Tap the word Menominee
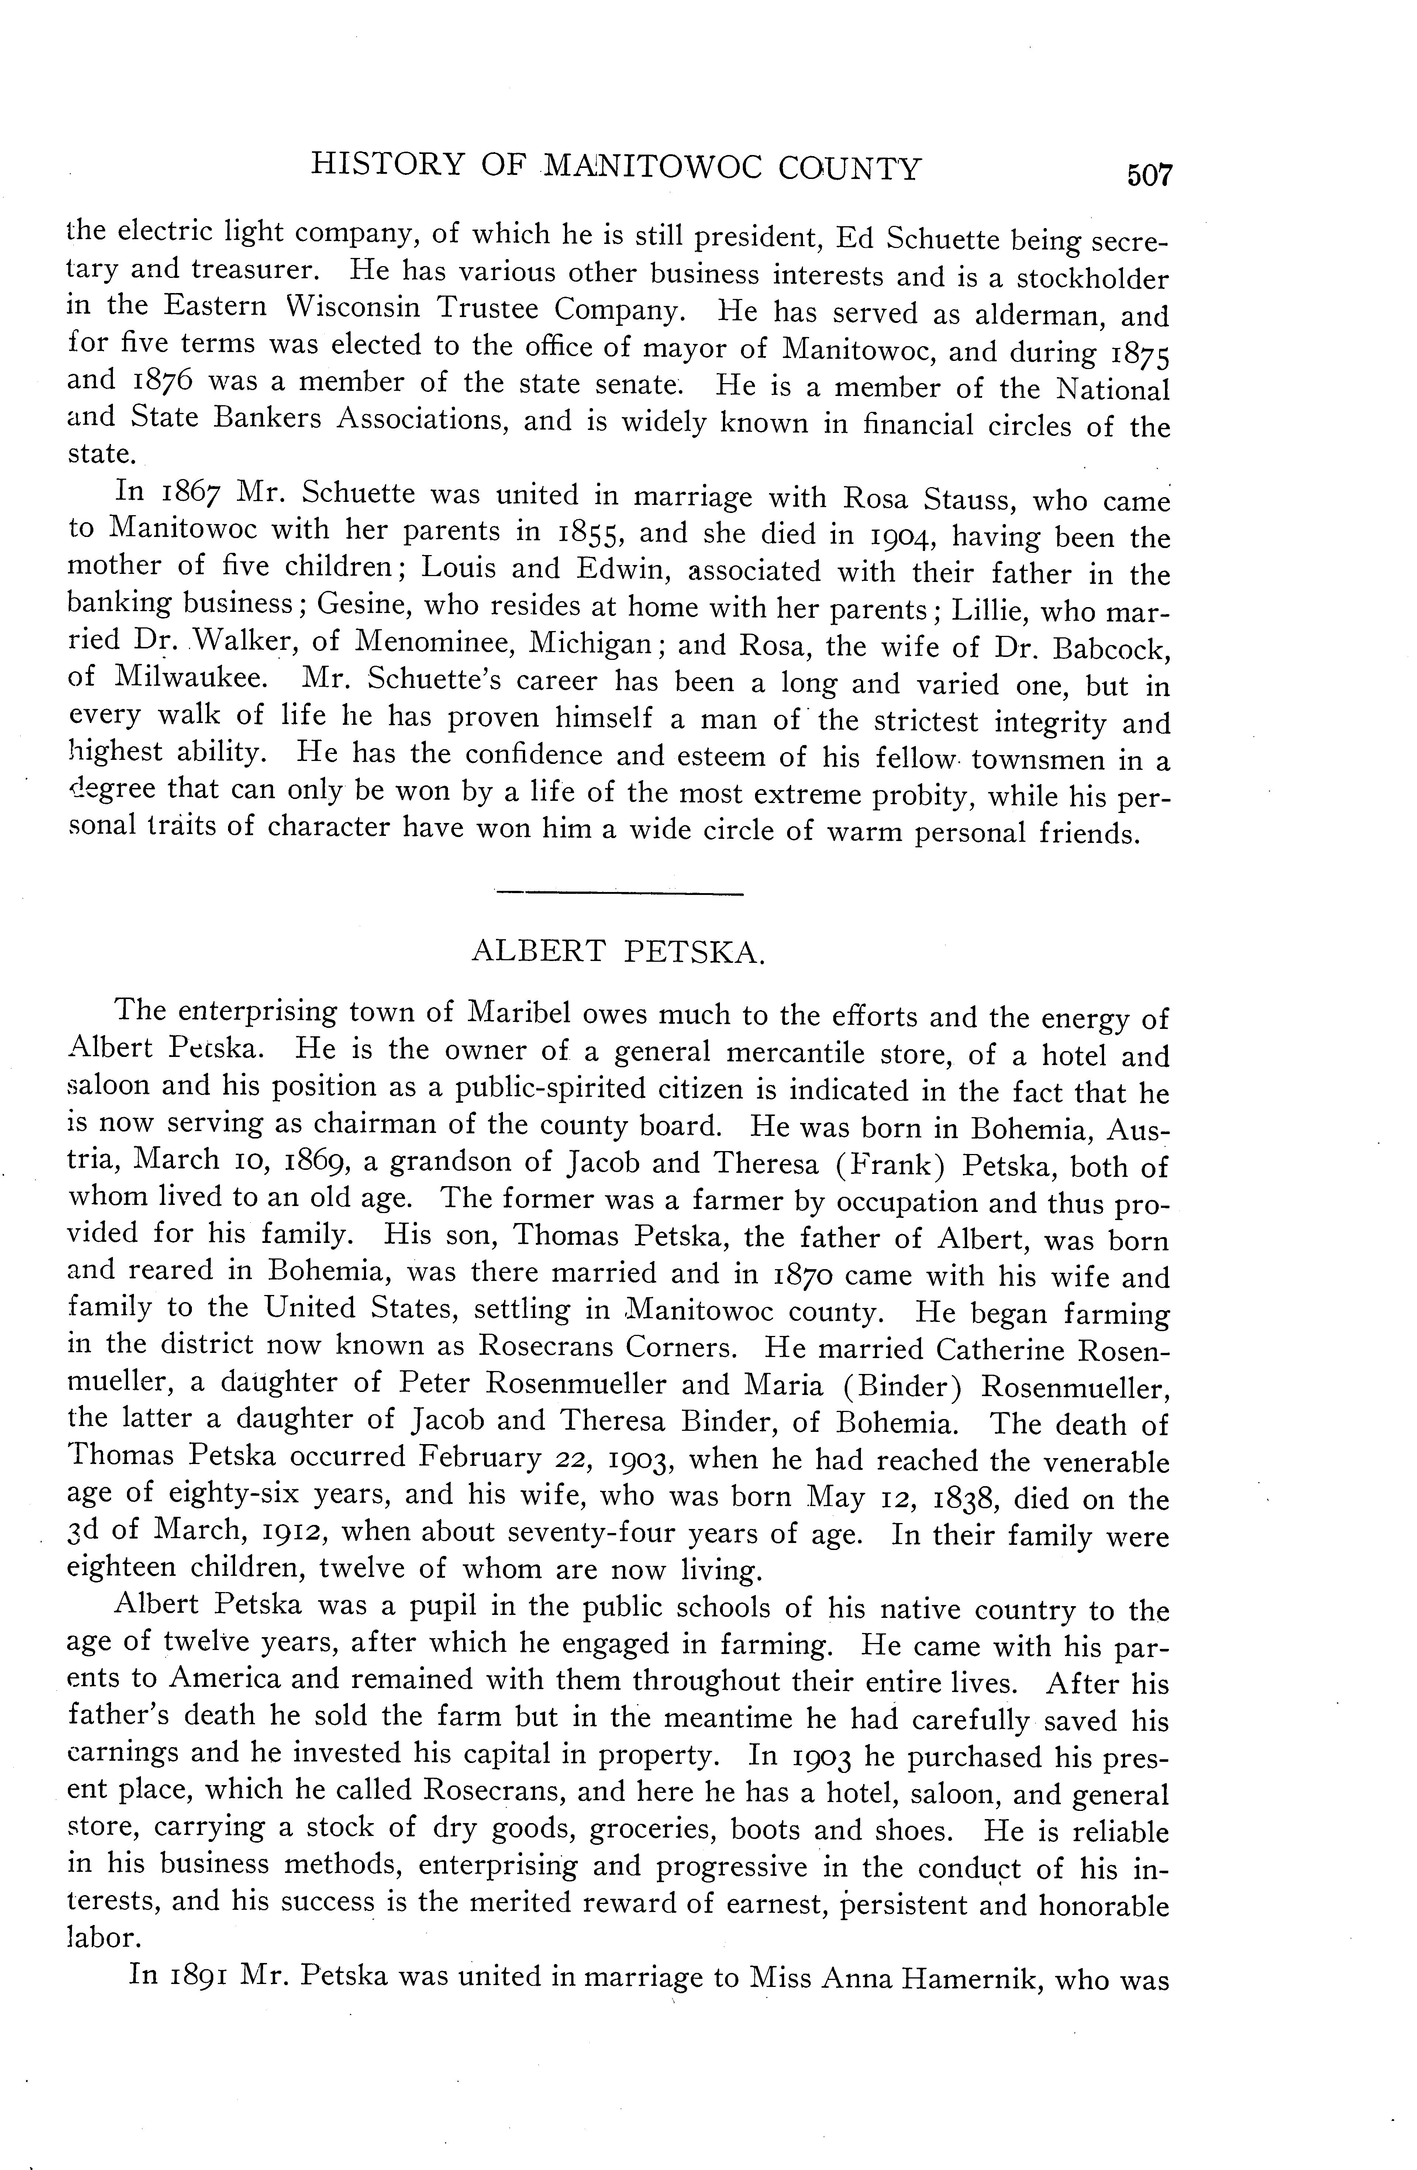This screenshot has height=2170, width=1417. (x=432, y=644)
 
